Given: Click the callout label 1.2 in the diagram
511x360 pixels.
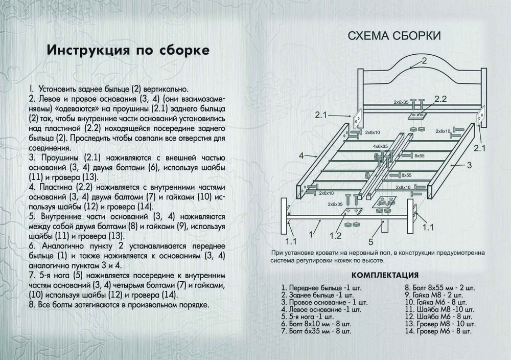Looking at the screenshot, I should pyautogui.click(x=335, y=236).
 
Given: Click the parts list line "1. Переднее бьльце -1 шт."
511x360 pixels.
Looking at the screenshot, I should pyautogui.click(x=321, y=288).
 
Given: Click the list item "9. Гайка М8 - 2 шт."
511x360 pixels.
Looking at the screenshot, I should pyautogui.click(x=434, y=295).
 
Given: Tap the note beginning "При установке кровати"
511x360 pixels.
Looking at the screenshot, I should pyautogui.click(x=378, y=253).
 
